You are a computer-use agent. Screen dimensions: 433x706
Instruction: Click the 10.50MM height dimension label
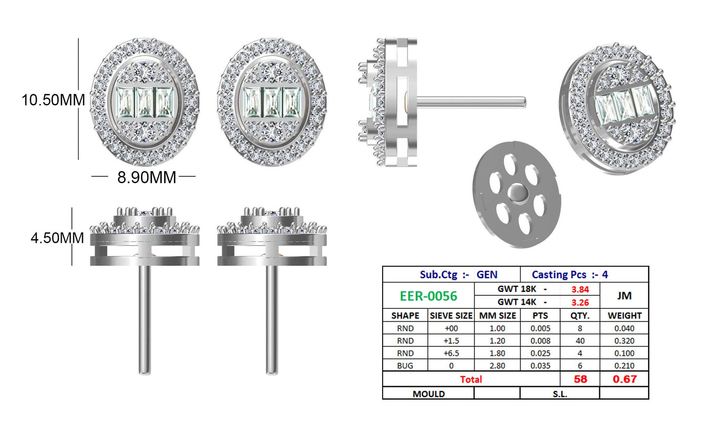[x=53, y=100]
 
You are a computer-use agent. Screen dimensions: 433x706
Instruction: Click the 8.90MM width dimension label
[x=147, y=177]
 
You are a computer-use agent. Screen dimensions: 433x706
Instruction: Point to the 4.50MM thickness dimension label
[x=57, y=238]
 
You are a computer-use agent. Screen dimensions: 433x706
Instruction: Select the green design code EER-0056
[x=428, y=296]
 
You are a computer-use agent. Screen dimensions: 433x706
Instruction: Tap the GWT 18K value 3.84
[x=580, y=289]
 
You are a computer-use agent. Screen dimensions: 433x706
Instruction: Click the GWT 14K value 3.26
[x=580, y=303]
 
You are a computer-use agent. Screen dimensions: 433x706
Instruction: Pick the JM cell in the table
[x=624, y=296]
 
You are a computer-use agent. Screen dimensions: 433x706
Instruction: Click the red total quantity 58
[x=580, y=379]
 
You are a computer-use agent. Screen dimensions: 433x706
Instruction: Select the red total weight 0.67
[x=624, y=379]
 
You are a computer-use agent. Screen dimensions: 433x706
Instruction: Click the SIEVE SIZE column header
[x=451, y=316]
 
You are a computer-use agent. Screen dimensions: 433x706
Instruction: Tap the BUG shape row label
[x=405, y=366]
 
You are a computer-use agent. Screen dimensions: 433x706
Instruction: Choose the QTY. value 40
[x=580, y=341]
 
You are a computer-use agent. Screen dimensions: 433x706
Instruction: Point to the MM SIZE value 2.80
[x=497, y=366]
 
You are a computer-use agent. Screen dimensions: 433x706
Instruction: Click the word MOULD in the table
[x=428, y=394]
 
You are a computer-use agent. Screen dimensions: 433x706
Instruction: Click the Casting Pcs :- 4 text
[x=570, y=275]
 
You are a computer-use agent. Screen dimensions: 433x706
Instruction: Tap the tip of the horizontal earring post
[x=524, y=102]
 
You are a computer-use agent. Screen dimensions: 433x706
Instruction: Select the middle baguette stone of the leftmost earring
[x=145, y=102]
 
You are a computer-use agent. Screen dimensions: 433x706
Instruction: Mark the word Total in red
[x=471, y=379]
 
